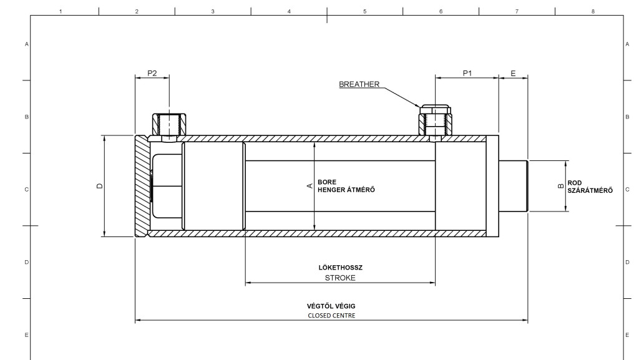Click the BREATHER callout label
click(x=359, y=84)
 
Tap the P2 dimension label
click(x=152, y=73)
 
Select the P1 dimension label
click(x=467, y=73)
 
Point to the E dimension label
click(x=513, y=73)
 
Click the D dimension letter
click(x=100, y=186)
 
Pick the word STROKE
click(x=340, y=278)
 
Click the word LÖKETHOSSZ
click(x=340, y=268)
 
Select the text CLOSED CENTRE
click(x=331, y=316)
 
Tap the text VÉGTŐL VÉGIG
click(x=331, y=306)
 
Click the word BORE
click(x=327, y=182)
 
